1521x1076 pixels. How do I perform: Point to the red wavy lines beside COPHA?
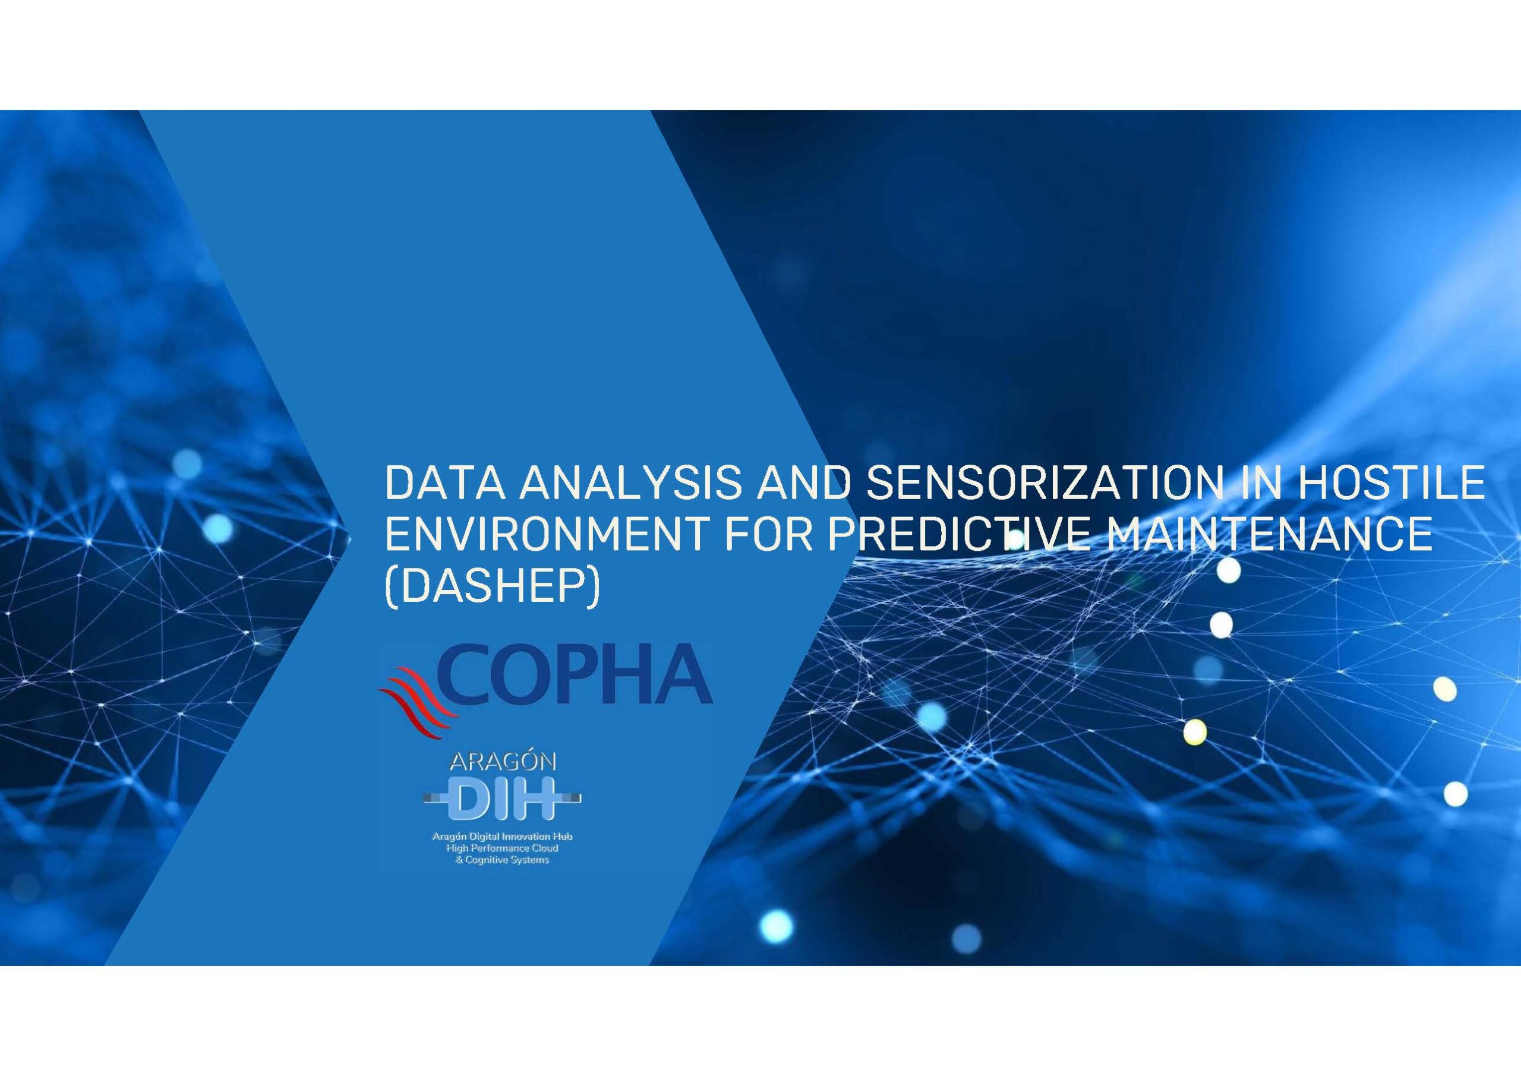click(417, 702)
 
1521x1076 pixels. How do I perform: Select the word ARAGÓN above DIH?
click(503, 762)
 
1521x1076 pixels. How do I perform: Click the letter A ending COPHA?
click(686, 674)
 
